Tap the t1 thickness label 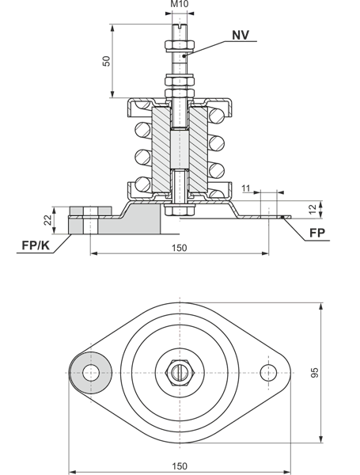click(x=248, y=188)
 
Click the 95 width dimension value click(x=335, y=372)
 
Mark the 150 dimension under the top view click(x=180, y=462)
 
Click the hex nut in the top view click(x=180, y=370)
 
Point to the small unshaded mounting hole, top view click(x=271, y=370)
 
